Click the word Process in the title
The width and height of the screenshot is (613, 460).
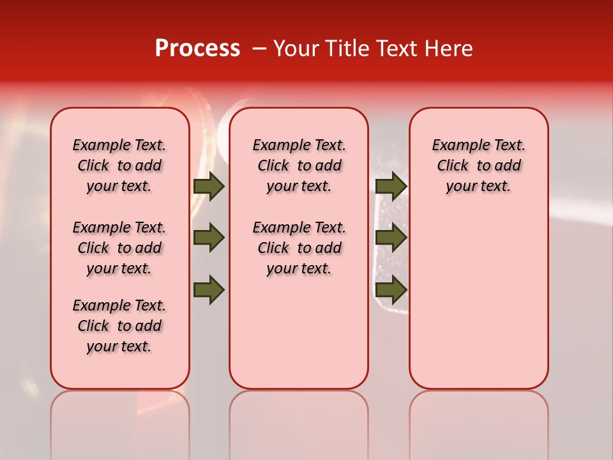(197, 49)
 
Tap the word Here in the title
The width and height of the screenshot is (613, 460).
(449, 49)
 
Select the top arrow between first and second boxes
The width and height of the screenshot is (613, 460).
(209, 187)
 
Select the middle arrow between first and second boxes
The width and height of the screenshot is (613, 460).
(209, 238)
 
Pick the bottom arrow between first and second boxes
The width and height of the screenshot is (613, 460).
(209, 290)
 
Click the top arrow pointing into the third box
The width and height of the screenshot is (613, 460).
(391, 187)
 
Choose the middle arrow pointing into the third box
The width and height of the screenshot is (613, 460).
(391, 238)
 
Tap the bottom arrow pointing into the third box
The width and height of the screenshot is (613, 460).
(391, 290)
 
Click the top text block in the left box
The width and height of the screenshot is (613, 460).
(119, 165)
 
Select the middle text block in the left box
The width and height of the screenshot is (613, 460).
(119, 248)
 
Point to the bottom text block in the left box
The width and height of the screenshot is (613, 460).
(119, 326)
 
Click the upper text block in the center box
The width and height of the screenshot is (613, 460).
(299, 165)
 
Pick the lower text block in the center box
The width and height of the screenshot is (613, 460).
(299, 248)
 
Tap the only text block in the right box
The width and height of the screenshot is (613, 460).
(478, 165)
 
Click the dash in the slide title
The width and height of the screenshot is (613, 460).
(259, 49)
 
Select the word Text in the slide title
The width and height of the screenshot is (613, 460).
(395, 49)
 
